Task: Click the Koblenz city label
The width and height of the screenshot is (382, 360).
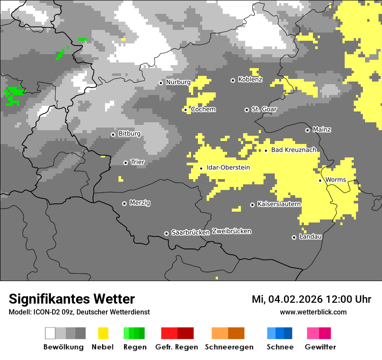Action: [x=250, y=80]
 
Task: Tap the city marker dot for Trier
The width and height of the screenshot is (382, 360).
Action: [x=125, y=163]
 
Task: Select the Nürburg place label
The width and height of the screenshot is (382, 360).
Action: [x=178, y=82]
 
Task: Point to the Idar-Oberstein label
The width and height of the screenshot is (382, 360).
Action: [x=228, y=168]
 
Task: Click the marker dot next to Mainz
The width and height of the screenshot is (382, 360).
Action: [x=307, y=130]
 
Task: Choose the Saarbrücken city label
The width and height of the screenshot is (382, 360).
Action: [x=191, y=233]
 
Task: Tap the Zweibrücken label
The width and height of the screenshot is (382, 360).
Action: [x=231, y=231]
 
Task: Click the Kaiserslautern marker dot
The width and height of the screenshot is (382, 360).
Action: [x=252, y=205]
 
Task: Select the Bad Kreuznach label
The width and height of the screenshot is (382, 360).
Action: [x=293, y=150]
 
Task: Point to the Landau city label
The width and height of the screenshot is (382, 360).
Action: [x=310, y=237]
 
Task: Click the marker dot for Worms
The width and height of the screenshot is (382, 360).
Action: [x=320, y=180]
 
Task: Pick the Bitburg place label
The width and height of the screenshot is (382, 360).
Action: [x=129, y=134]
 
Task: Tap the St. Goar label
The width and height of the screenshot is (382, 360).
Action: [x=264, y=109]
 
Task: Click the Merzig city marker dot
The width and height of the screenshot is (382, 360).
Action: [x=124, y=203]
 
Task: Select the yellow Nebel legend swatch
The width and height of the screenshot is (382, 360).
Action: [x=103, y=333]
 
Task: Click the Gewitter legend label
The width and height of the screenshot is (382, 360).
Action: [x=320, y=347]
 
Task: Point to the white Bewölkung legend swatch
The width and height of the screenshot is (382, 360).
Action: [x=50, y=333]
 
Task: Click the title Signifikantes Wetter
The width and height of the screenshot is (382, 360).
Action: [x=72, y=299]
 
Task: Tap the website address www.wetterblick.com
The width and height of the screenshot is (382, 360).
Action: [x=313, y=312]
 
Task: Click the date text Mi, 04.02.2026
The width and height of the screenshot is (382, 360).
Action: [x=287, y=299]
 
